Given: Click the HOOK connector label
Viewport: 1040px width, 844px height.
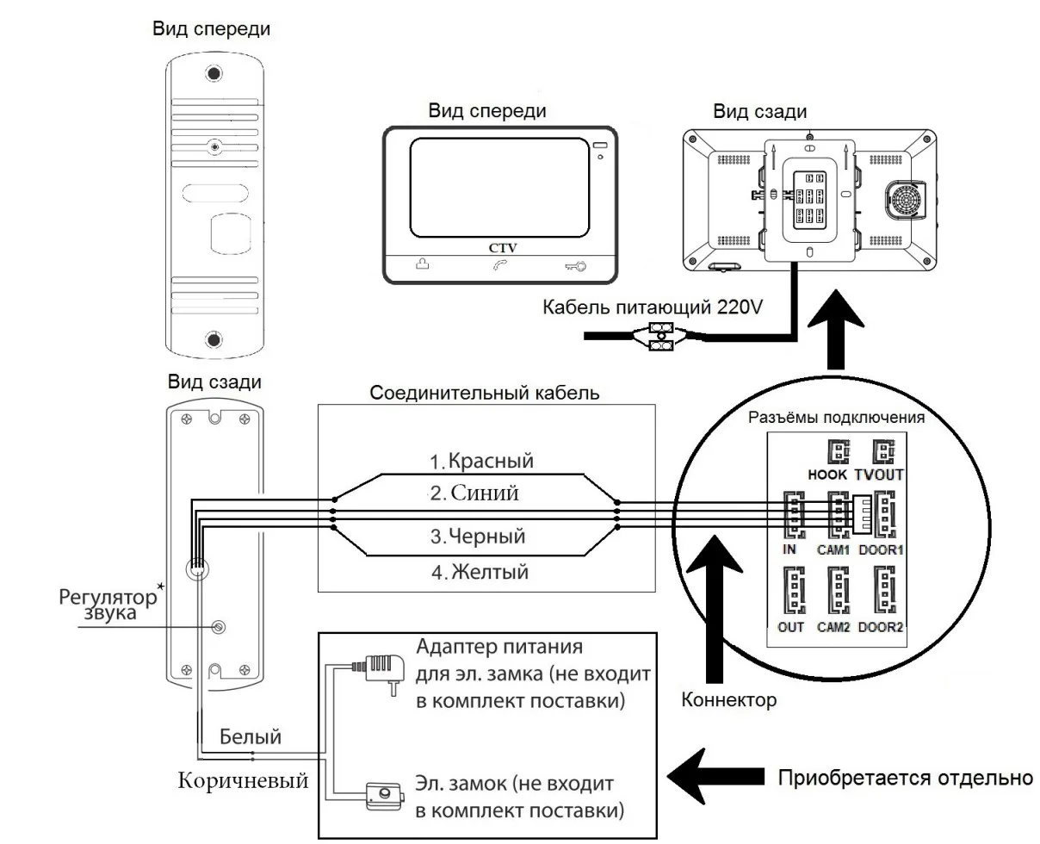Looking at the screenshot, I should (x=828, y=475).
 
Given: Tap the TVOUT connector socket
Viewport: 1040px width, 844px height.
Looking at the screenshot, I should (x=884, y=452).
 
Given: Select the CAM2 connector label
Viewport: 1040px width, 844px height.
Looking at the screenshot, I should (x=833, y=627).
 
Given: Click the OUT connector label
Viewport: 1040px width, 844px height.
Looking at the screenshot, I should (x=790, y=627).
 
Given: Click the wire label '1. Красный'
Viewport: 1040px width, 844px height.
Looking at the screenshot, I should (x=482, y=461).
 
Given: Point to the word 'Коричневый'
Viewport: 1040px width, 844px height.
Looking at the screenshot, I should (x=243, y=781).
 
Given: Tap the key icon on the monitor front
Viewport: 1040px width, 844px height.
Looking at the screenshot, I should (x=576, y=267).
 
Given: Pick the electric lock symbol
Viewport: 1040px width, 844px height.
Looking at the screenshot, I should (x=384, y=796).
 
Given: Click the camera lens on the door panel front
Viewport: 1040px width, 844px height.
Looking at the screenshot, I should (x=213, y=147).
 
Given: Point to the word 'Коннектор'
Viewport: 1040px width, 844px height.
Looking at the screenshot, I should (x=728, y=700).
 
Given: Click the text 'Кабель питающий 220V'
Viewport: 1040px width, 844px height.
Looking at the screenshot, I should (x=651, y=308).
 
